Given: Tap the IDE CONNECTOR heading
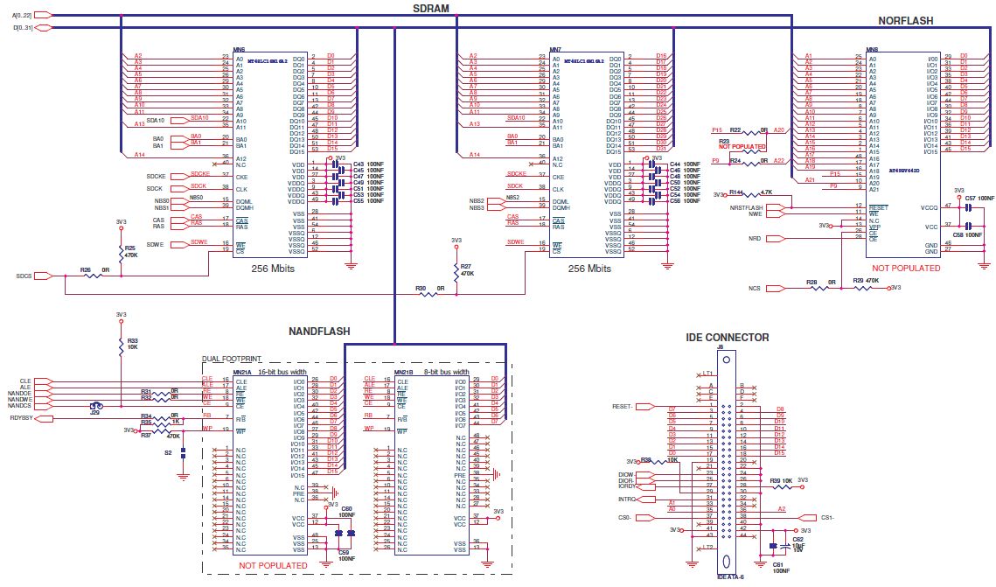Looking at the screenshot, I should coord(728,337).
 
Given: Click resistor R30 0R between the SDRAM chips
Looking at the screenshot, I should coord(428,295).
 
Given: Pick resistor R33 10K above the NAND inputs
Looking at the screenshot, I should coord(121,346).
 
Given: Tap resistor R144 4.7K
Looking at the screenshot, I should coord(756,194).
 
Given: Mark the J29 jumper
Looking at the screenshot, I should coord(95,406).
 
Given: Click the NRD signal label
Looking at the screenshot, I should coord(754,238).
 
